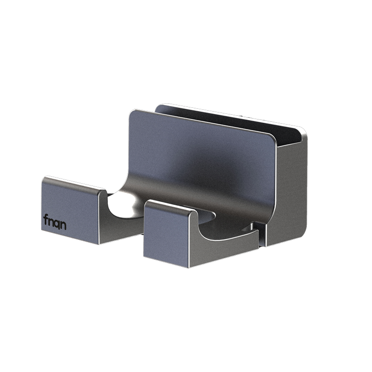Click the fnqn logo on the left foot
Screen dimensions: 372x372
[55, 222]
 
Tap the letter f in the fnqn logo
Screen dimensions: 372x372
[46, 219]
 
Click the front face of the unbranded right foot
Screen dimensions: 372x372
[166, 234]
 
